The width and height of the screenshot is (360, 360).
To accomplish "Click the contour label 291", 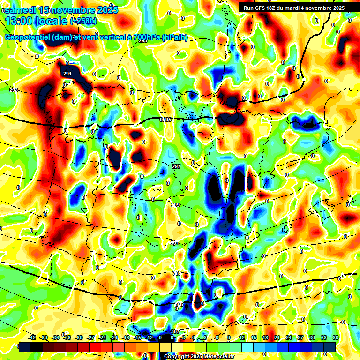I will click(x=67, y=74).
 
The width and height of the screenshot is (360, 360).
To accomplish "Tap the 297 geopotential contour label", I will click(x=176, y=167).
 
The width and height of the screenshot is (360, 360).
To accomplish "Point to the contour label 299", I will click(x=175, y=205).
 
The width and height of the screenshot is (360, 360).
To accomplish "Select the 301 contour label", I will click(x=175, y=243).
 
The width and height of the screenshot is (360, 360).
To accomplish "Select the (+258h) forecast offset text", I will click(x=84, y=21).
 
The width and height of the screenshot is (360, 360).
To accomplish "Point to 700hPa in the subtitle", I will click(x=144, y=37).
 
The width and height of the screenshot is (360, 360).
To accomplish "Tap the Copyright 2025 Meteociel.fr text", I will click(x=199, y=356).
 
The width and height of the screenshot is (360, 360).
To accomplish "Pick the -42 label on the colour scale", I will click(x=32, y=337).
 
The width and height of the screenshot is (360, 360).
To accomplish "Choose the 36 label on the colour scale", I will click(x=336, y=337).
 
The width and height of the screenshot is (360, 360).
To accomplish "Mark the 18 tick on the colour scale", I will click(x=265, y=337).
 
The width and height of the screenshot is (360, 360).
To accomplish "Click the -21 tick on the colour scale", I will click(x=114, y=337).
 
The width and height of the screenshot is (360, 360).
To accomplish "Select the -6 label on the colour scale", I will click(x=172, y=337).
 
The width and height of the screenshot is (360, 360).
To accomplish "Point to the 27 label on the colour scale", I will click(x=300, y=337).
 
